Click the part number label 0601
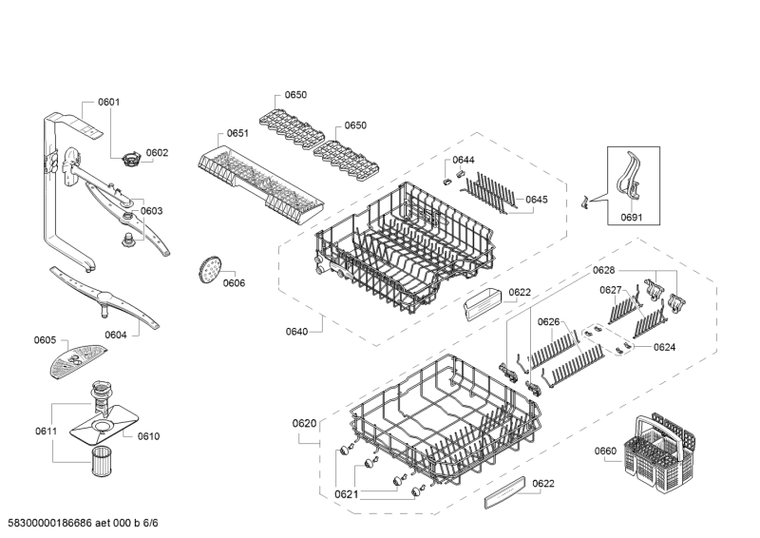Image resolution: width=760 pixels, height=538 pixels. [x=108, y=102]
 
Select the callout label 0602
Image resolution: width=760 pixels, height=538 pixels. [x=157, y=153]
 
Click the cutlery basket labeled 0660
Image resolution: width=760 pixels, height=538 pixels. [x=660, y=450]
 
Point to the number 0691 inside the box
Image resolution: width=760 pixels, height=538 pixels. [x=632, y=218]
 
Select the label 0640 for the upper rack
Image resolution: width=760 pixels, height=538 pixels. [x=296, y=332]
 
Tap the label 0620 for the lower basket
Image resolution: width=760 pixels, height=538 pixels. [x=304, y=424]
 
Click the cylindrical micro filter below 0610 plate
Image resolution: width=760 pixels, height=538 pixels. [x=102, y=462]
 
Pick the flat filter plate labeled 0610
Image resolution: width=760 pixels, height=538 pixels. [x=104, y=425]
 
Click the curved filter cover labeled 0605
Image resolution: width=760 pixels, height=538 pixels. [x=77, y=359]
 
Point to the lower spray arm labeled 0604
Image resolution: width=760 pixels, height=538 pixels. [x=104, y=298]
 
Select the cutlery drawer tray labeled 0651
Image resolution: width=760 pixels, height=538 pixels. [x=260, y=185]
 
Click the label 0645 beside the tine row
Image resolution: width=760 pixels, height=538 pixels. [x=537, y=200]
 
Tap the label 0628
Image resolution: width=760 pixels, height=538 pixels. [x=603, y=271]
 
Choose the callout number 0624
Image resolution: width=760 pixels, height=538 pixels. [x=664, y=347]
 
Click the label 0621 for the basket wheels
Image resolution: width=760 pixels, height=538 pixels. [x=346, y=494]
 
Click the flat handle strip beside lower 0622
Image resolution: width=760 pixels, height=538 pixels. [x=504, y=492]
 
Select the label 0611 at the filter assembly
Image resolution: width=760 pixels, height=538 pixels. [x=46, y=431]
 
